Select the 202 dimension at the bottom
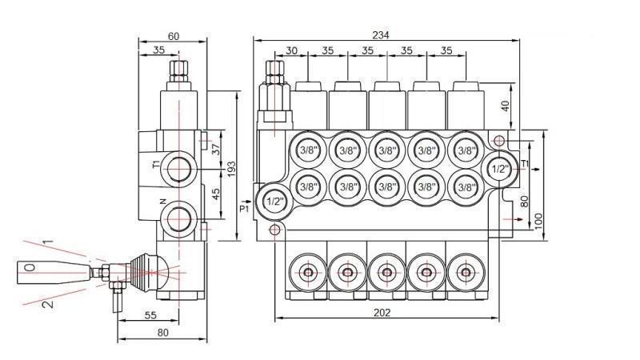tap(382, 312)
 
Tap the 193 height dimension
tap(231, 169)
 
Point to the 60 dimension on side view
tap(173, 36)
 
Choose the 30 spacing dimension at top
tap(292, 50)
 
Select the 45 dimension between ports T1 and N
tap(215, 194)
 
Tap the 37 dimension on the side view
tap(215, 149)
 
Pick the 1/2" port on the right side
tap(499, 170)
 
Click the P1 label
tap(245, 209)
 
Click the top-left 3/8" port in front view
tap(307, 150)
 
